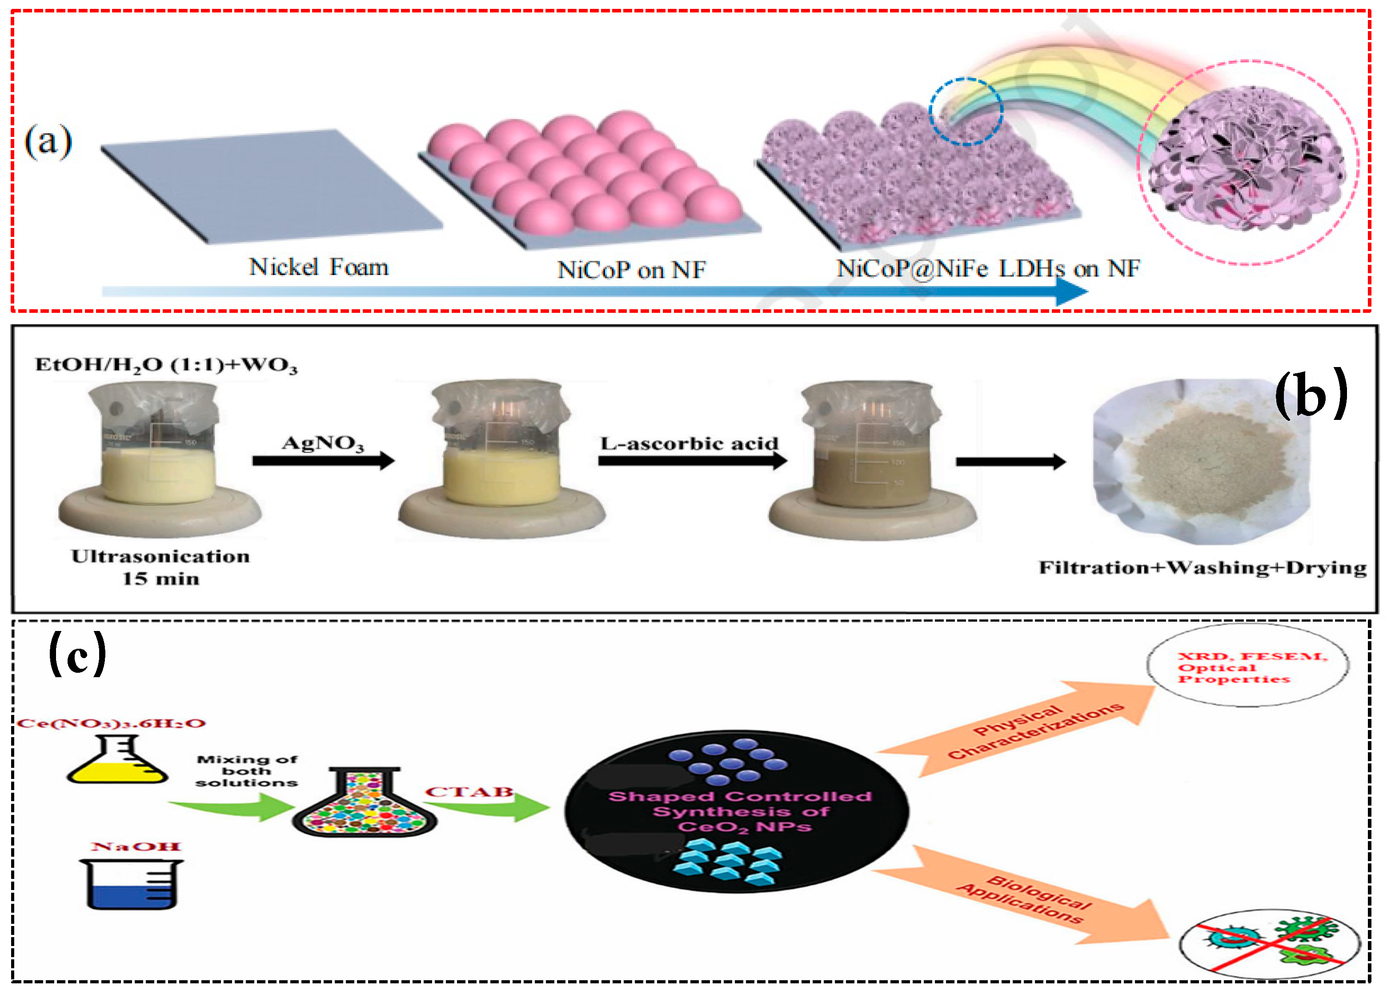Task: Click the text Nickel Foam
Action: [318, 267]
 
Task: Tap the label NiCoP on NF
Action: [631, 270]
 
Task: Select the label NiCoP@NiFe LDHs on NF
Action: [988, 268]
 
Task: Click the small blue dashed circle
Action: [966, 111]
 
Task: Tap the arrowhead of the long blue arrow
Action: [1071, 291]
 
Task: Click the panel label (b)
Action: [1311, 394]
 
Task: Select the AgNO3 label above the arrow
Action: [323, 443]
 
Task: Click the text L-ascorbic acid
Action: [689, 443]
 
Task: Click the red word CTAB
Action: [469, 792]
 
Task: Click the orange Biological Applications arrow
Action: [1027, 898]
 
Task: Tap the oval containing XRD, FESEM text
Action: [1247, 667]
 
